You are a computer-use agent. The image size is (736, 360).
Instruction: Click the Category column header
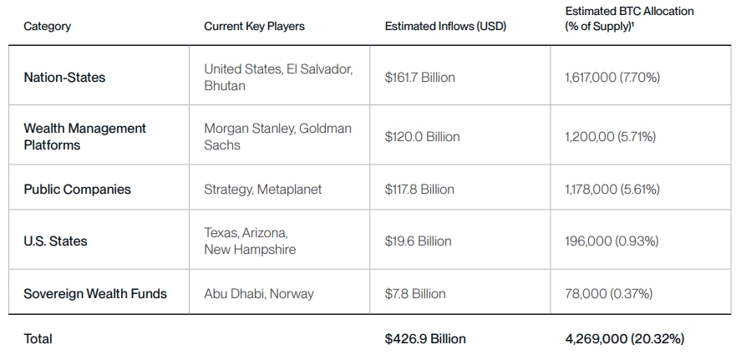47,26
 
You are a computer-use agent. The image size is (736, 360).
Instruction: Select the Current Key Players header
254,26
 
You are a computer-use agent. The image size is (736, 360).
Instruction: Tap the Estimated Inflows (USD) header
445,26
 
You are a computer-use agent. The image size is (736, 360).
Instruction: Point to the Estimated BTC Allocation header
629,18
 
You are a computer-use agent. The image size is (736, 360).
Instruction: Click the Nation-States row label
64,77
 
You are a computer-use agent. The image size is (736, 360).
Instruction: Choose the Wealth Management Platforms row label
84,136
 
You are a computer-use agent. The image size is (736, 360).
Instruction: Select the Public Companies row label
77,189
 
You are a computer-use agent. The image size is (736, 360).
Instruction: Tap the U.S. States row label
55,241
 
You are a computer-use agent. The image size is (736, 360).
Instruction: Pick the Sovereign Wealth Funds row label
95,293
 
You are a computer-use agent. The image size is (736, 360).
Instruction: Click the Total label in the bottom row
38,338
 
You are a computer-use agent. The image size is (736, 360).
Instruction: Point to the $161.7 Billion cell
419,77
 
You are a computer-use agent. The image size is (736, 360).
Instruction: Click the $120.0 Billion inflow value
422,136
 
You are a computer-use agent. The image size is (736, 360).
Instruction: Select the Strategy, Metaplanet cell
262,189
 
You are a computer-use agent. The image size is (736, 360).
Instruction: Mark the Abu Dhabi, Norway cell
257,293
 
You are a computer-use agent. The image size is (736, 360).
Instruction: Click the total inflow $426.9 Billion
425,338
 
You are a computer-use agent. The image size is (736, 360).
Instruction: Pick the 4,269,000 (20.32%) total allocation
625,338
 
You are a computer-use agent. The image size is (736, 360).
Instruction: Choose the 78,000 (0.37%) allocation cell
609,293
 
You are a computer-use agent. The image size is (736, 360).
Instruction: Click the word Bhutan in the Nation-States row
225,85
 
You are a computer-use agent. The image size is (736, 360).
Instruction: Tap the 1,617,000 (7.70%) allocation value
612,77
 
